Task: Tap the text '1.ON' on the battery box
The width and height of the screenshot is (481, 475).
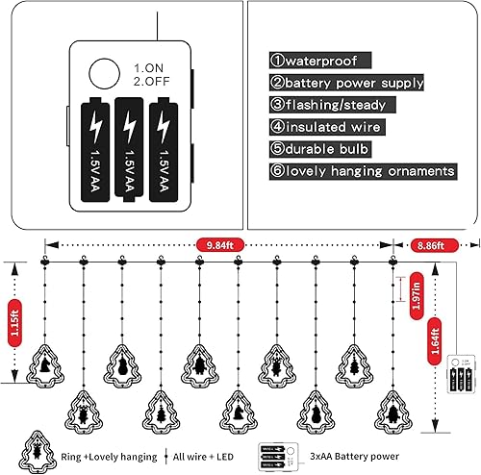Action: click(148, 68)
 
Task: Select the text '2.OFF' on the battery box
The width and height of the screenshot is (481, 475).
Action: click(151, 83)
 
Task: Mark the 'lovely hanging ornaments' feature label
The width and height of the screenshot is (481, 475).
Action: click(363, 171)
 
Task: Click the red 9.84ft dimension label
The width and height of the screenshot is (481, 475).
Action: click(217, 244)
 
